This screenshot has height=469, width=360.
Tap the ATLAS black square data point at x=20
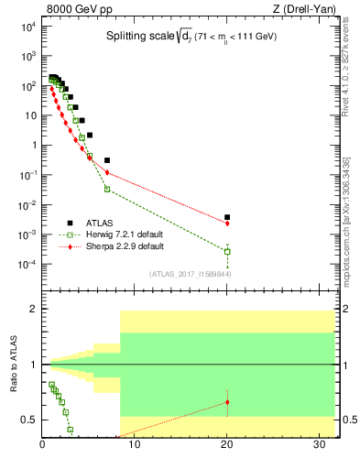coord(227,217)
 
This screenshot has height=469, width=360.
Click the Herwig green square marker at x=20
coord(227,251)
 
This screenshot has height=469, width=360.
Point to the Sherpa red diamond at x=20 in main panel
coord(227,224)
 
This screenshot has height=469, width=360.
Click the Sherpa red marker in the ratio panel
coord(227,402)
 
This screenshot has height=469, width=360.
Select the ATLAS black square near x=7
coord(107,160)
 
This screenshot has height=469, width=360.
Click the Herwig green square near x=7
coord(107,189)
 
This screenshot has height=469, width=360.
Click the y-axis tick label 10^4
coord(28,27)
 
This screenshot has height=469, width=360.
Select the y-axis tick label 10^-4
coord(28,265)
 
